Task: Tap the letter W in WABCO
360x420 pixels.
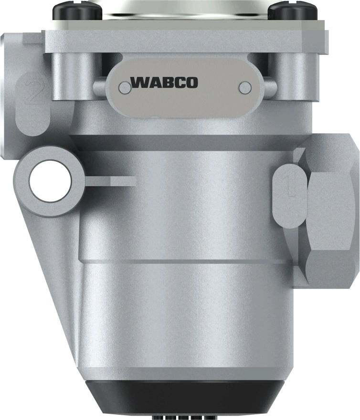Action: click(139, 83)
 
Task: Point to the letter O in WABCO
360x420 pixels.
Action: click(190, 83)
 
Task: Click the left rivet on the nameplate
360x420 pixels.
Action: click(125, 87)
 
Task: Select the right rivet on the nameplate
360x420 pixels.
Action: click(245, 87)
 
